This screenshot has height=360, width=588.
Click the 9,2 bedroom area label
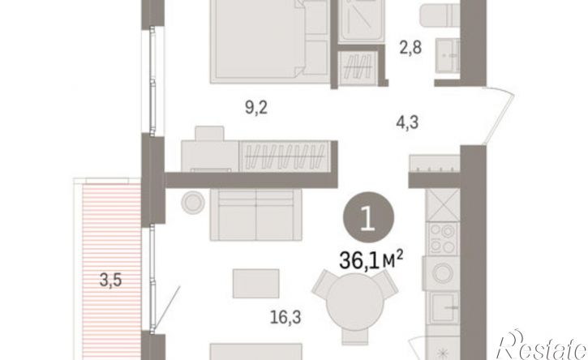tap(256, 108)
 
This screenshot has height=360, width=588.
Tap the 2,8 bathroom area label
tap(410, 48)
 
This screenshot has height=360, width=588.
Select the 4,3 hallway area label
tap(407, 122)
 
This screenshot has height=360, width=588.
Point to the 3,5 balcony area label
tap(110, 280)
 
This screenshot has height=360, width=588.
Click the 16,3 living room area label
tap(285, 318)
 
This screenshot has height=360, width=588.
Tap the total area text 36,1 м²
tap(371, 260)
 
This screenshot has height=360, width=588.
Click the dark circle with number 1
tap(369, 217)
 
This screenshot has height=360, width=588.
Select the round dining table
tap(354, 302)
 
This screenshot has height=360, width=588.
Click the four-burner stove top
tap(443, 239)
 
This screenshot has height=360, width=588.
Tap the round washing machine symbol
tap(443, 272)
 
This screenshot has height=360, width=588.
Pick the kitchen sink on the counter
tap(444, 307)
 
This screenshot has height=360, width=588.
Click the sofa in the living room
tap(256, 215)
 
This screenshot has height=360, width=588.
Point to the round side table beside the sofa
tap(193, 203)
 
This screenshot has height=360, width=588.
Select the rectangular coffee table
tap(255, 284)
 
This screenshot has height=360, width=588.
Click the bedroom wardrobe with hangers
tap(285, 156)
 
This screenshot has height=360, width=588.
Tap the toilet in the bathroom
tap(440, 15)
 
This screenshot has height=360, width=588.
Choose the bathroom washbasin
tap(448, 55)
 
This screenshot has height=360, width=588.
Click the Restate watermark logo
tap(542, 345)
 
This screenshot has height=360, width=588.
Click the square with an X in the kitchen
tap(444, 205)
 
